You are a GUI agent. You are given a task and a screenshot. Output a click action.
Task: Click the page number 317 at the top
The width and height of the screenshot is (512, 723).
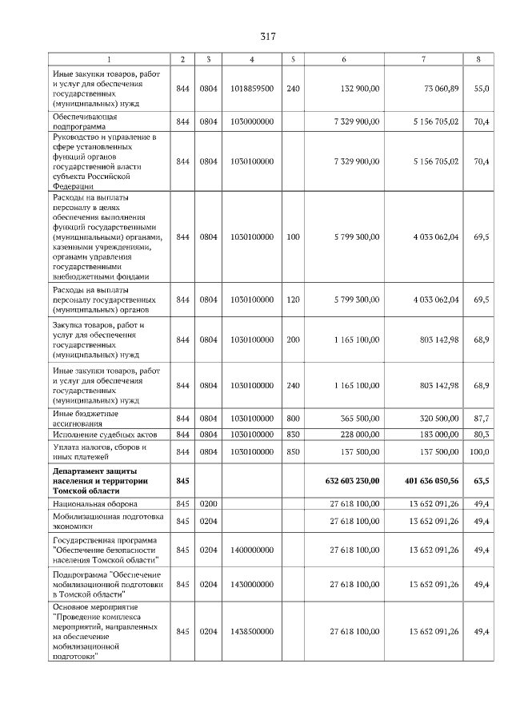pos(268,36)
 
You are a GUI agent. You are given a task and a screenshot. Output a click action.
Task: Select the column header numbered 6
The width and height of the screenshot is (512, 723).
pos(344,59)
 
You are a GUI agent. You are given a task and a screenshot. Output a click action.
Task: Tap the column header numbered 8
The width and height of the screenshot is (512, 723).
pos(478,59)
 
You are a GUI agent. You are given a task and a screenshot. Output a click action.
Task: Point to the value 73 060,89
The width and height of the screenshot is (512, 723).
pos(437,89)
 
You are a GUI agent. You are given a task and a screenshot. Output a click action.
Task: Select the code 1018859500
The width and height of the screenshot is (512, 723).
pos(252,89)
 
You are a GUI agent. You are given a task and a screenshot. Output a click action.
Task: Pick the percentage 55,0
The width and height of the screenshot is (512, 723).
pos(481,89)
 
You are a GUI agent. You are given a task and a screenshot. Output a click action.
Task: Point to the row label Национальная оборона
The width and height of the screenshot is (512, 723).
pos(94,504)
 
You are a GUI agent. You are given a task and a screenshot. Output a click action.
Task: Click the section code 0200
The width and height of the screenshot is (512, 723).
pos(208,504)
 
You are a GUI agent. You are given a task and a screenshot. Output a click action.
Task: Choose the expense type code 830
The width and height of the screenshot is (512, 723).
pos(293,434)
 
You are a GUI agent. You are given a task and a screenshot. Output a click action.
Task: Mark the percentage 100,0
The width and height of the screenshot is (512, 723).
pos(478,451)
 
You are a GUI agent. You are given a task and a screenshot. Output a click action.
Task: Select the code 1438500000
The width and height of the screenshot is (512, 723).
pos(252,632)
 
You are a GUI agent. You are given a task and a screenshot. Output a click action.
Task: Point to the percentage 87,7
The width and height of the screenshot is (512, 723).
pos(481,417)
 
